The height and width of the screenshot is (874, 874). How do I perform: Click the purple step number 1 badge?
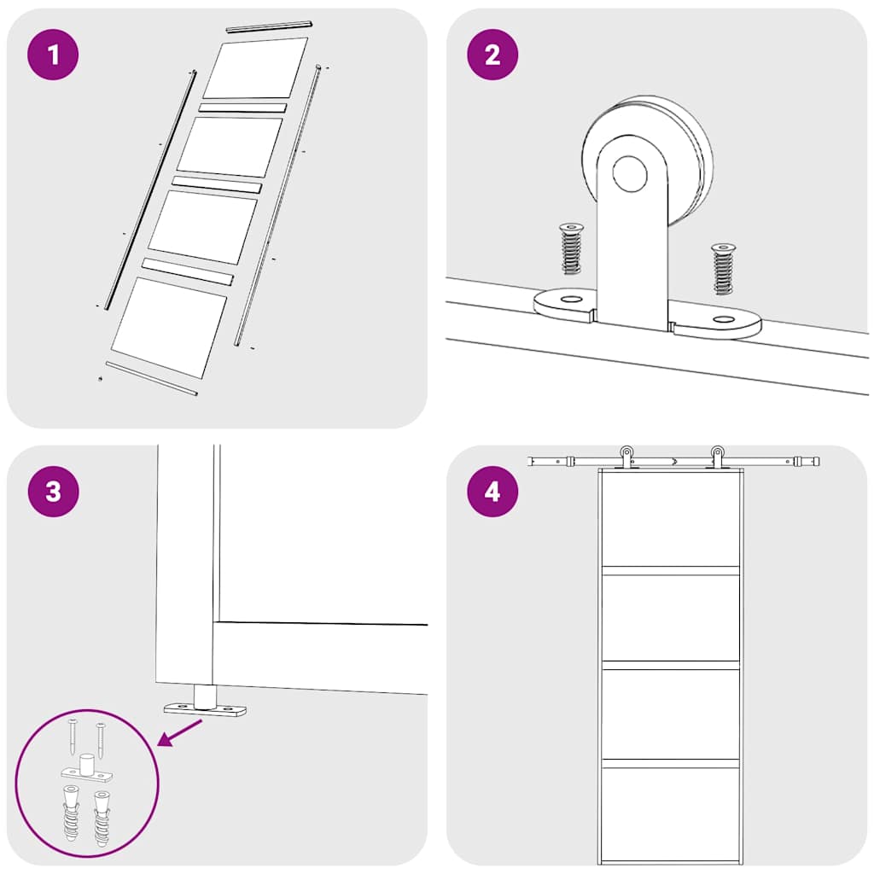pos(53,55)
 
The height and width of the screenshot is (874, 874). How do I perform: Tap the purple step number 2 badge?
pos(492,55)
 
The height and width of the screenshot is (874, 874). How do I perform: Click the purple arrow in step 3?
pos(180,733)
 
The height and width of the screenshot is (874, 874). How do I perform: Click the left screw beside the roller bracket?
pos(570,248)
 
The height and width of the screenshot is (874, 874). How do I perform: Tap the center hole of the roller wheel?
pos(630,174)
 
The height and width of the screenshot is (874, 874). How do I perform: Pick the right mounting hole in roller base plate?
pos(724,320)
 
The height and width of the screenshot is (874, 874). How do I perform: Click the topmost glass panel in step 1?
pos(254,68)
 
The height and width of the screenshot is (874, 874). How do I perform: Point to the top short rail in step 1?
pos(268,27)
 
